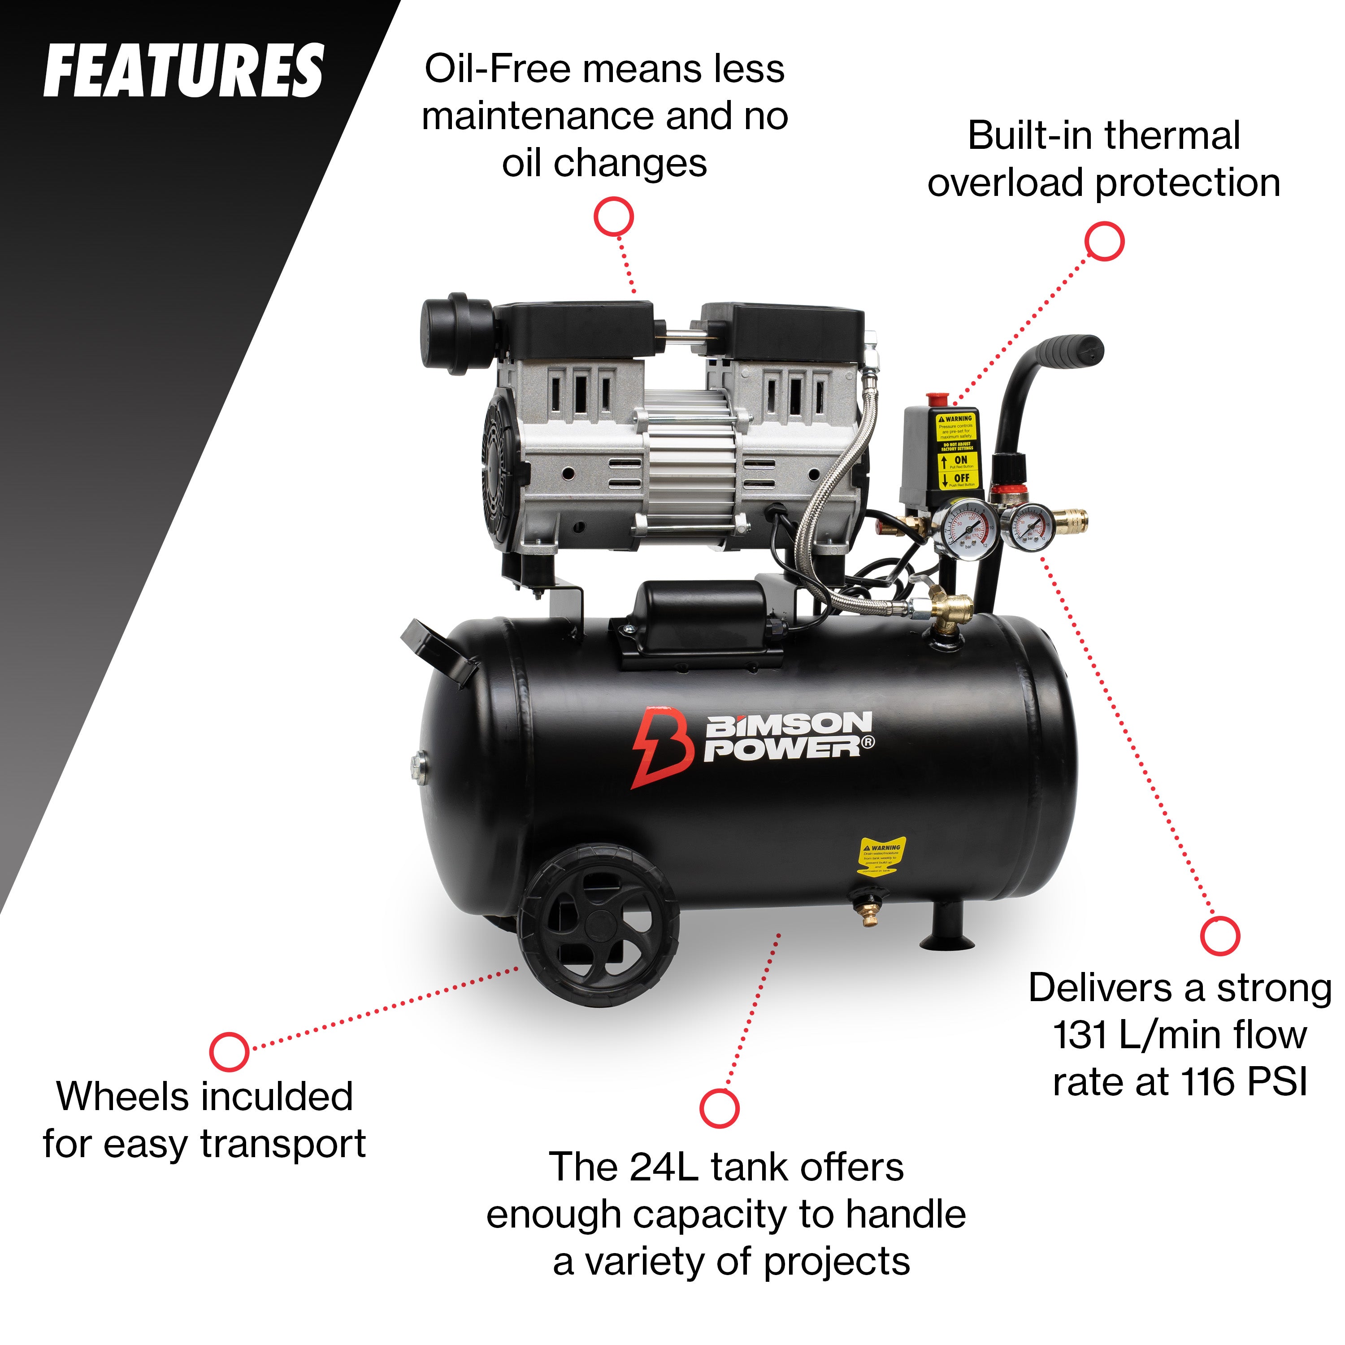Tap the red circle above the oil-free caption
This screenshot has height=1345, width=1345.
(613, 217)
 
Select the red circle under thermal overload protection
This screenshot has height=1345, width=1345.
(1105, 242)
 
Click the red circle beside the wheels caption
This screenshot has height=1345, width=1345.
(229, 1051)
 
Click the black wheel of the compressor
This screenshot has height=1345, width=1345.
(599, 925)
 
